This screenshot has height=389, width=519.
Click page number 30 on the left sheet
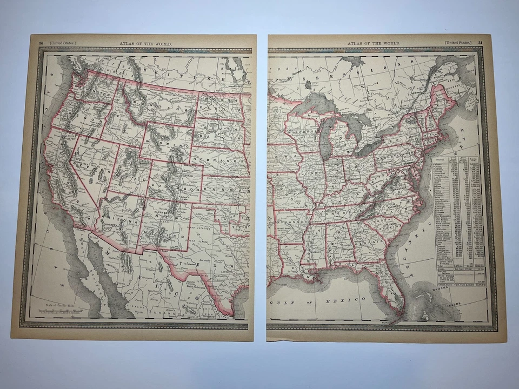tap(41, 43)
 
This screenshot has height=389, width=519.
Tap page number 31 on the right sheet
tap(481, 43)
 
